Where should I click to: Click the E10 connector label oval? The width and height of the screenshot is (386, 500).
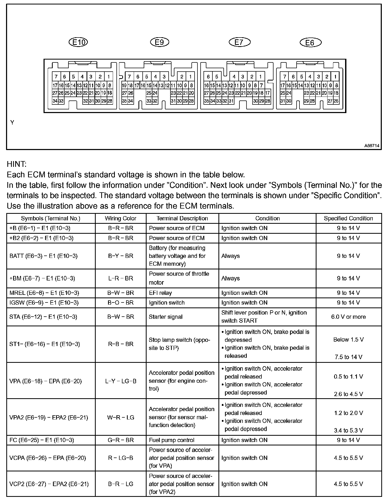click(x=78, y=42)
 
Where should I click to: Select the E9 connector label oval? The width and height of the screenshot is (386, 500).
click(x=159, y=42)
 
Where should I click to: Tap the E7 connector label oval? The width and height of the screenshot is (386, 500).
click(x=239, y=42)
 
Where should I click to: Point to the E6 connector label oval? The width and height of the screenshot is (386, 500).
click(x=310, y=42)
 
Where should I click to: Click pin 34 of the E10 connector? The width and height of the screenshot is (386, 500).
click(x=55, y=101)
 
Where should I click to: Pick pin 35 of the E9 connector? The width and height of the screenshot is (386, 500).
click(x=125, y=101)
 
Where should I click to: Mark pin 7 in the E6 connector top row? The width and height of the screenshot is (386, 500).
click(x=285, y=77)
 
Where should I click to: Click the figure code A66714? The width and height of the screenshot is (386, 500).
click(x=372, y=146)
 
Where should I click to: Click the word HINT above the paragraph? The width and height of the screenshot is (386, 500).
click(x=17, y=164)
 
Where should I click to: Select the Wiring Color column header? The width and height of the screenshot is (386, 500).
click(x=121, y=218)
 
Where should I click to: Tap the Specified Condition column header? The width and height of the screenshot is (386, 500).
click(x=348, y=218)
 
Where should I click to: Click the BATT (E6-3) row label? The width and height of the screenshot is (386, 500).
click(x=44, y=256)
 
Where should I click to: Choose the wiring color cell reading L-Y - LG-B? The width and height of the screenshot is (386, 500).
click(x=121, y=381)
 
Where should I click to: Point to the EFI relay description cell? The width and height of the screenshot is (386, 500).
click(x=160, y=293)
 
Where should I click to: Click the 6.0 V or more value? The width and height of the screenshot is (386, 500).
click(x=348, y=317)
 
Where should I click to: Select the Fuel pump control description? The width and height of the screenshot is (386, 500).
click(x=171, y=440)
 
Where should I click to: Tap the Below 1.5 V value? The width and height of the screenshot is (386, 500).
click(x=348, y=339)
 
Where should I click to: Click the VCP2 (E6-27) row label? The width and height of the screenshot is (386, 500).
click(x=49, y=484)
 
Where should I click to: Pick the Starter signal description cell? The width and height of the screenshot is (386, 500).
click(x=165, y=317)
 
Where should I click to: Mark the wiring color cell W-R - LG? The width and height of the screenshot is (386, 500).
click(x=121, y=417)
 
